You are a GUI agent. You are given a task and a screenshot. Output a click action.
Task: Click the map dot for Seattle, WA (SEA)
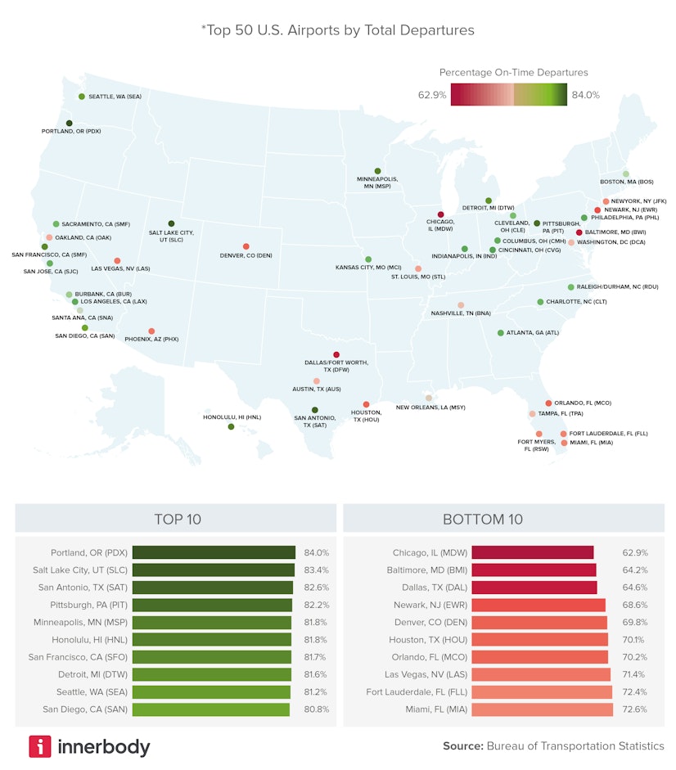pyautogui.click(x=82, y=97)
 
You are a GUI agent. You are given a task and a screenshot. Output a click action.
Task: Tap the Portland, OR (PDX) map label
pyautogui.click(x=71, y=131)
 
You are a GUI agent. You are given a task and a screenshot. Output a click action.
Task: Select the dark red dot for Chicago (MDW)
pyautogui.click(x=441, y=214)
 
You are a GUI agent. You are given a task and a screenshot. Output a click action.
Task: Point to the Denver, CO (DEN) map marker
pyautogui.click(x=246, y=246)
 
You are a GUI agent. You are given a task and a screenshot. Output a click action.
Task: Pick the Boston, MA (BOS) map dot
pyautogui.click(x=625, y=173)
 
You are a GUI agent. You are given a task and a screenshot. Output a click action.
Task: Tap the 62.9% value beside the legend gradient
pyautogui.click(x=432, y=95)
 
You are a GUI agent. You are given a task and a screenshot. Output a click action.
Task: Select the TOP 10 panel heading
pyautogui.click(x=177, y=519)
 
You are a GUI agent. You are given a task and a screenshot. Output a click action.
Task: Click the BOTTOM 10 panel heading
pyautogui.click(x=482, y=519)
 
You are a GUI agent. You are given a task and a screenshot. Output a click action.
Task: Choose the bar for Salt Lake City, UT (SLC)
pyautogui.click(x=213, y=570)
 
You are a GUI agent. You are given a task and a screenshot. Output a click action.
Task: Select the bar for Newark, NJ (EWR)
pyautogui.click(x=539, y=605)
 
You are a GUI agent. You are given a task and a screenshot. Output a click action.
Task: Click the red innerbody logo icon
pyautogui.click(x=40, y=746)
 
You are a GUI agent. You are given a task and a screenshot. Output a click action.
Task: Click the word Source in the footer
pyautogui.click(x=462, y=746)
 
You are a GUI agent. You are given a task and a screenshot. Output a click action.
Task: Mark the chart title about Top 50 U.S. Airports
pyautogui.click(x=337, y=30)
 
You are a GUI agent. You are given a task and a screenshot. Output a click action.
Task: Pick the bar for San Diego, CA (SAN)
pyautogui.click(x=211, y=709)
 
